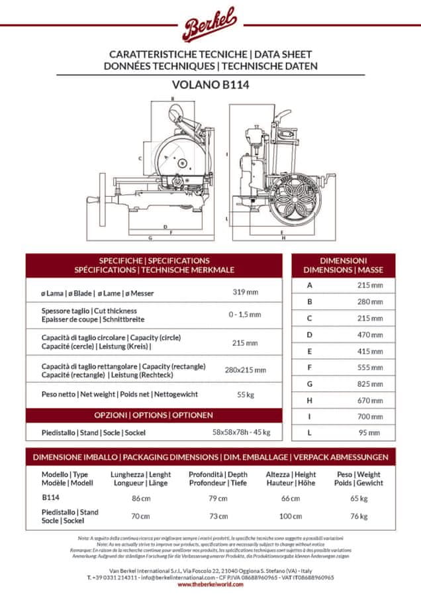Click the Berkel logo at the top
click(210, 26)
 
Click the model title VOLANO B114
click(210, 85)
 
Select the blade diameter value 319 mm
click(245, 292)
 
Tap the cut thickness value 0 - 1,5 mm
click(245, 315)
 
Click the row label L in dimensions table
click(309, 432)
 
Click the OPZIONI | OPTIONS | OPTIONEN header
click(154, 415)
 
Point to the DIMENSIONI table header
click(343, 265)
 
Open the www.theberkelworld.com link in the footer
click(210, 584)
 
